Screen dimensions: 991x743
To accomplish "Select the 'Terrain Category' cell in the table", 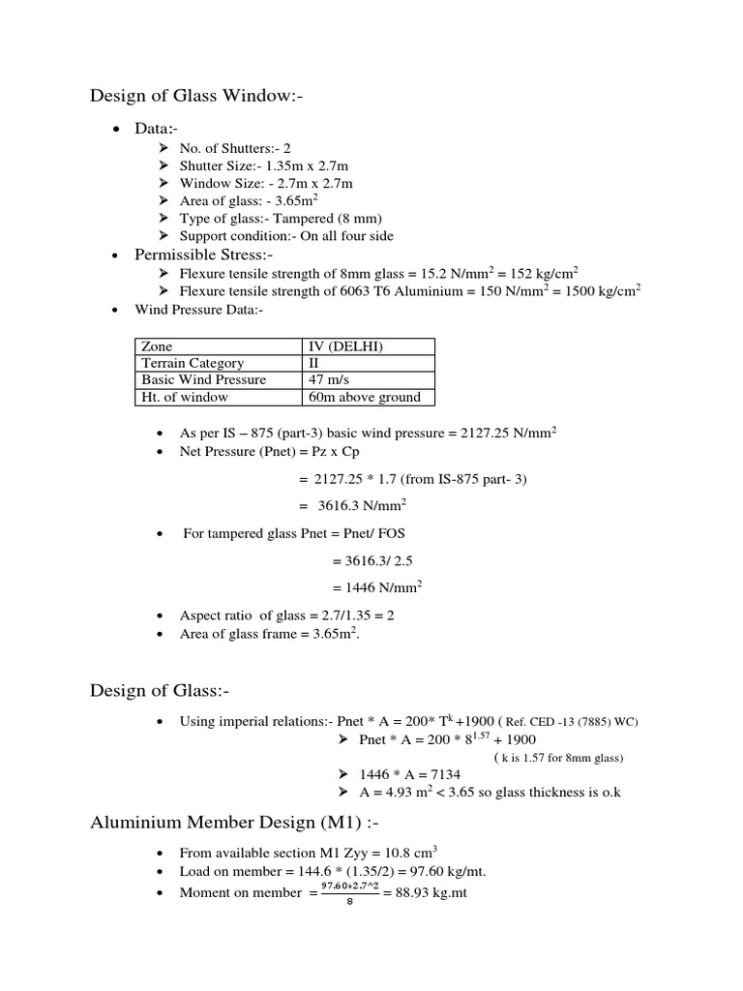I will point(193,363).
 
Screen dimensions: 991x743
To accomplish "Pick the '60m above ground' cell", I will point(363,397).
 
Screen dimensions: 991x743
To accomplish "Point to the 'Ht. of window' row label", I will point(185,397).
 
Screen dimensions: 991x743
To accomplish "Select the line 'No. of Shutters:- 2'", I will point(235,148).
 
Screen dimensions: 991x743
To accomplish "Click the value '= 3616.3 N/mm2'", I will point(351,504).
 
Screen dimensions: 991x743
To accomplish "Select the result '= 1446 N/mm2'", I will point(376,586).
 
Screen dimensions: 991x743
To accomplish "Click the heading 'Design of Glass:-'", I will point(160,690).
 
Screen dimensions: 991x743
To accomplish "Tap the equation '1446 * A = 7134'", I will point(409,774).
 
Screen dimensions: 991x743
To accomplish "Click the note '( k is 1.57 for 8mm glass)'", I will point(558,757).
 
